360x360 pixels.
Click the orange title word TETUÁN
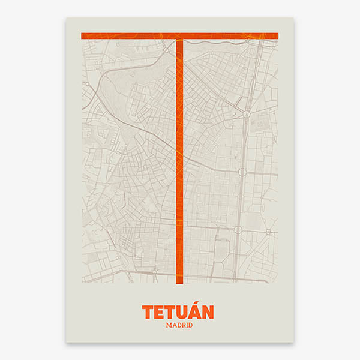178,312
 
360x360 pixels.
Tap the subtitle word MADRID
178,325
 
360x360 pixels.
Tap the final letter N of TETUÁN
208,313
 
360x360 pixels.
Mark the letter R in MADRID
182,325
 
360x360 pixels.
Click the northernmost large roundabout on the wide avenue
246,113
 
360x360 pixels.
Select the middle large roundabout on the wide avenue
242,172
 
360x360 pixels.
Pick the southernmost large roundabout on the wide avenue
238,230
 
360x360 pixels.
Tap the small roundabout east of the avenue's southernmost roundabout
268,232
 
